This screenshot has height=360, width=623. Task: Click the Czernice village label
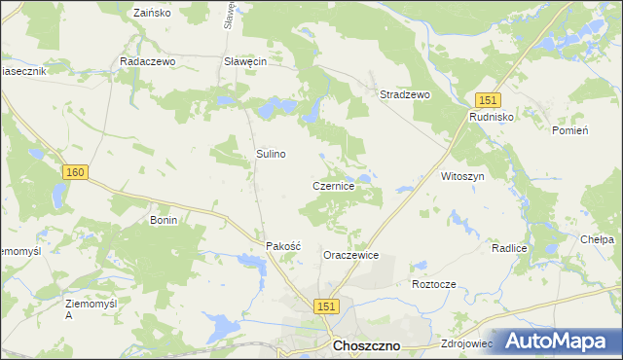[x=339, y=185]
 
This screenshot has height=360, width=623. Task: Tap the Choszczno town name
[x=367, y=345]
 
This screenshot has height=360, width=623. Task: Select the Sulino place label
[x=271, y=154]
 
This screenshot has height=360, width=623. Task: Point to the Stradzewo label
[x=404, y=94]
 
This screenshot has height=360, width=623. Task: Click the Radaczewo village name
[x=146, y=60]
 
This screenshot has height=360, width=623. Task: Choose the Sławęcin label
[x=245, y=60]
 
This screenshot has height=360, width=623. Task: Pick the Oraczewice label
[x=350, y=255]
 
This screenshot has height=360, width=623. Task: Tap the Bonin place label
[x=163, y=221]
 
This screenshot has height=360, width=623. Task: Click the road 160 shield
[x=76, y=172]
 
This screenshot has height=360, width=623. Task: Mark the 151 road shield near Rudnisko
[x=488, y=100]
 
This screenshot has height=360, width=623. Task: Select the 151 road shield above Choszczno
[x=326, y=306]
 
